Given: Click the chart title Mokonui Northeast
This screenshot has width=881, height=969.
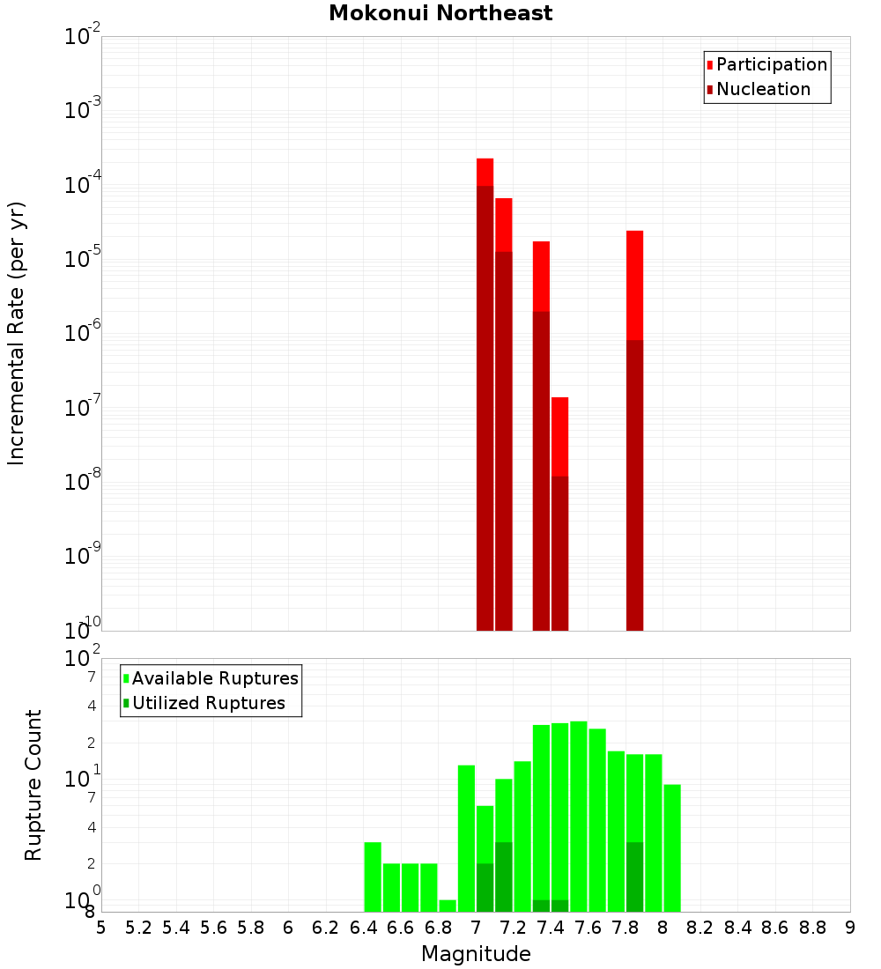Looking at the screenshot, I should [440, 13].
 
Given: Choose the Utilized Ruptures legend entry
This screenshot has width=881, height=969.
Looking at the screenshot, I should [207, 703].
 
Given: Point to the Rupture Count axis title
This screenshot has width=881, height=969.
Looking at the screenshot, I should [33, 784].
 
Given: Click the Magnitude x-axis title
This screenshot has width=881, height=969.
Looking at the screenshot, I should [476, 954].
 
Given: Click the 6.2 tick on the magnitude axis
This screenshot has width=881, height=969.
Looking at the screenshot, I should [326, 928].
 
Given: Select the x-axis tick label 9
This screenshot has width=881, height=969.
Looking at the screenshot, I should [850, 928].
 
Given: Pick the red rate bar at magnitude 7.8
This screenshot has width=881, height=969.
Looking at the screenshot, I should [634, 282].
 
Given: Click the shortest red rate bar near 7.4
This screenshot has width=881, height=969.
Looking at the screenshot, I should [559, 436].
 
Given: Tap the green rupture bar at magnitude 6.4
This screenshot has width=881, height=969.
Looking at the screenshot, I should [373, 877].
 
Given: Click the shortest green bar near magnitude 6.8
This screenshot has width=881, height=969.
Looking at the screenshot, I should [448, 906].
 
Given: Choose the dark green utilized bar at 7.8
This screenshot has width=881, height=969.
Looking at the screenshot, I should [634, 877].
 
